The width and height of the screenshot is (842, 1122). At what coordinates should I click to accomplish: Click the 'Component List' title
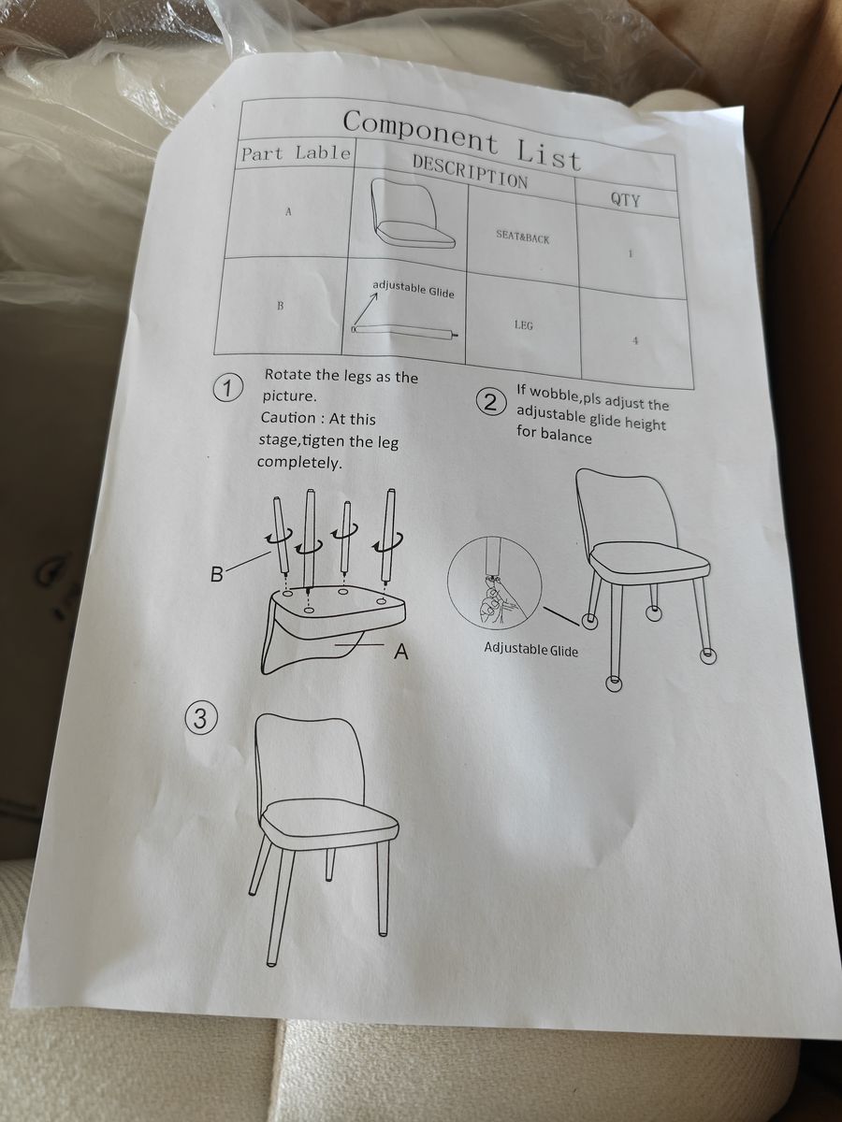(462, 140)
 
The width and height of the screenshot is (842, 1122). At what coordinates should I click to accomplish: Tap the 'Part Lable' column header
(297, 153)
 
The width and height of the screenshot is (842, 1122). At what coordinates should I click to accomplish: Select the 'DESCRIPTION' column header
(470, 171)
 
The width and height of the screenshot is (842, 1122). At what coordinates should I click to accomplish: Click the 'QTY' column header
(625, 199)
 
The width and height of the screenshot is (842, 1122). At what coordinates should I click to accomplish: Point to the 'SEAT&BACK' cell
(522, 237)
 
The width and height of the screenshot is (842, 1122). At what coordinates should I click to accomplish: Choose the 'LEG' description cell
(524, 324)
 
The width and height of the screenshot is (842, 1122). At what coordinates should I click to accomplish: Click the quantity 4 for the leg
(635, 341)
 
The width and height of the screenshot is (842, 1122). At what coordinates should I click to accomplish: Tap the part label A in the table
(288, 212)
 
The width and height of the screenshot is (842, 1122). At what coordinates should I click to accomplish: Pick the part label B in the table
(280, 306)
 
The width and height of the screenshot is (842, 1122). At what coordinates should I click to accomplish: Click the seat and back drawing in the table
(411, 214)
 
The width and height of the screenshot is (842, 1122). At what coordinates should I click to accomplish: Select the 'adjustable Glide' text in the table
(414, 289)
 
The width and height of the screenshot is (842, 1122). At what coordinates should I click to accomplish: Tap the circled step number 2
(490, 403)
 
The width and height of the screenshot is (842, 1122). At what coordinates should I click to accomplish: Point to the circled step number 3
(200, 719)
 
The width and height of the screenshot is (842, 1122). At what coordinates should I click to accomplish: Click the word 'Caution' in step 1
(288, 417)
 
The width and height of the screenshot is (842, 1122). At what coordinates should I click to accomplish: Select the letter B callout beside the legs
(217, 574)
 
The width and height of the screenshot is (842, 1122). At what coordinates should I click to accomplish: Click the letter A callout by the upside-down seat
(402, 652)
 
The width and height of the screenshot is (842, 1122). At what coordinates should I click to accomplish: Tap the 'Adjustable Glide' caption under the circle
(530, 650)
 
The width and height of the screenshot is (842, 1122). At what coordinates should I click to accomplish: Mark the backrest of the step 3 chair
(307, 757)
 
